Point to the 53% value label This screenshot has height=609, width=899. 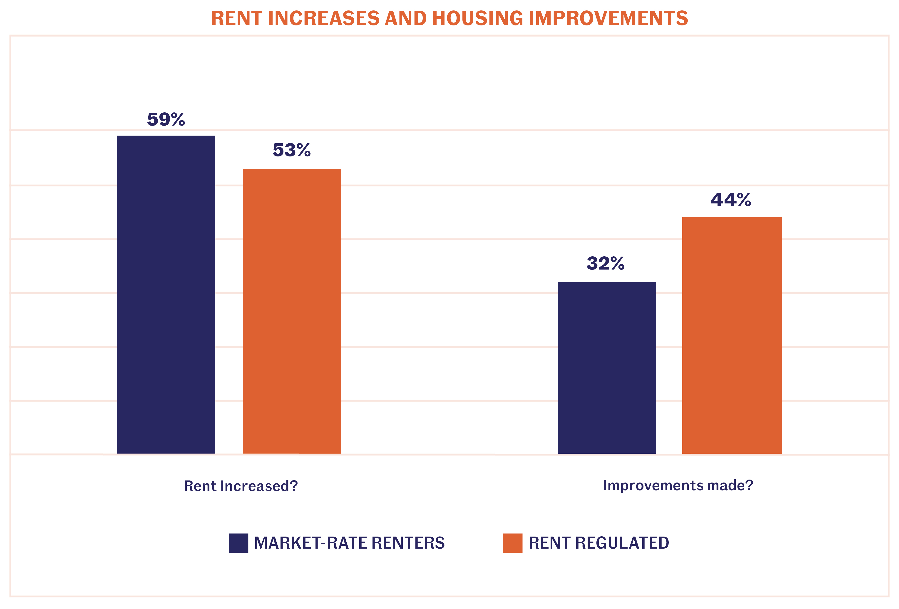tap(292, 150)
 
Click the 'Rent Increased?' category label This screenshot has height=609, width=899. tap(241, 486)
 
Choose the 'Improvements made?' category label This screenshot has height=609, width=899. tap(678, 485)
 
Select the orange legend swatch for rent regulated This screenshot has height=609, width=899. tap(513, 543)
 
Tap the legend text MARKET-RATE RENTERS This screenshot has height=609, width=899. tap(349, 543)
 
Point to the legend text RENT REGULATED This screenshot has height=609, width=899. tap(599, 543)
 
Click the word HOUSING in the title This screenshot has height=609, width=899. tap(477, 19)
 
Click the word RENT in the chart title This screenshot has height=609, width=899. tap(236, 19)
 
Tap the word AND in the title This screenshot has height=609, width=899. tap(405, 19)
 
